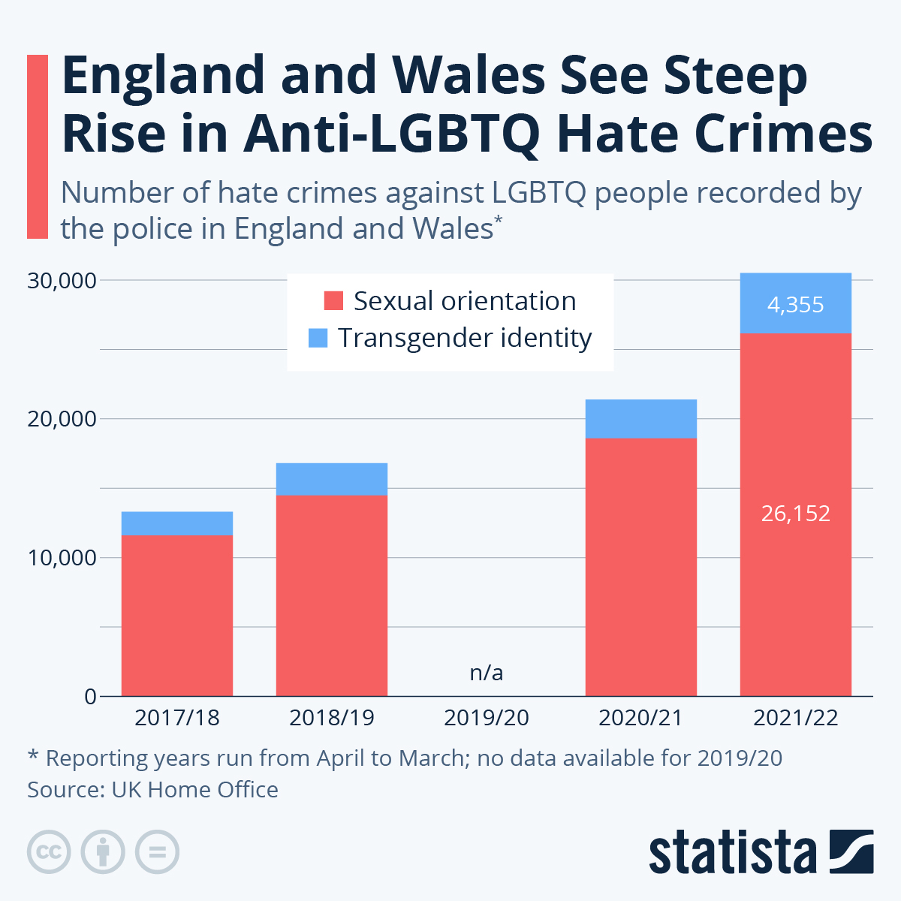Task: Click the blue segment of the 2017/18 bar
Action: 176,523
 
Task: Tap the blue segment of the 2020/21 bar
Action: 640,418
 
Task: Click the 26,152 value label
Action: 795,514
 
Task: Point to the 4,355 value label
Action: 795,305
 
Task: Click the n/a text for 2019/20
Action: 486,673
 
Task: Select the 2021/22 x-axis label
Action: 795,718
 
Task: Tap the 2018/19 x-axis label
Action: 331,718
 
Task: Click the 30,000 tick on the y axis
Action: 62,281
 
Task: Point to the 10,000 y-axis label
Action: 62,558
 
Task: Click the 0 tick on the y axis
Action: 90,696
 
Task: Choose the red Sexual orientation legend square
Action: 333,301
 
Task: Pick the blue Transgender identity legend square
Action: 318,338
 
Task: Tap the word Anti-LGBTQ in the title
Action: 390,134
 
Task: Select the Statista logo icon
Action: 851,851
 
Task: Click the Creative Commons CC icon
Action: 49,852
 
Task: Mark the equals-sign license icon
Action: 157,852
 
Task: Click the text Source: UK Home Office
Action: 152,790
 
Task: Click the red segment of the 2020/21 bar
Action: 640,567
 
